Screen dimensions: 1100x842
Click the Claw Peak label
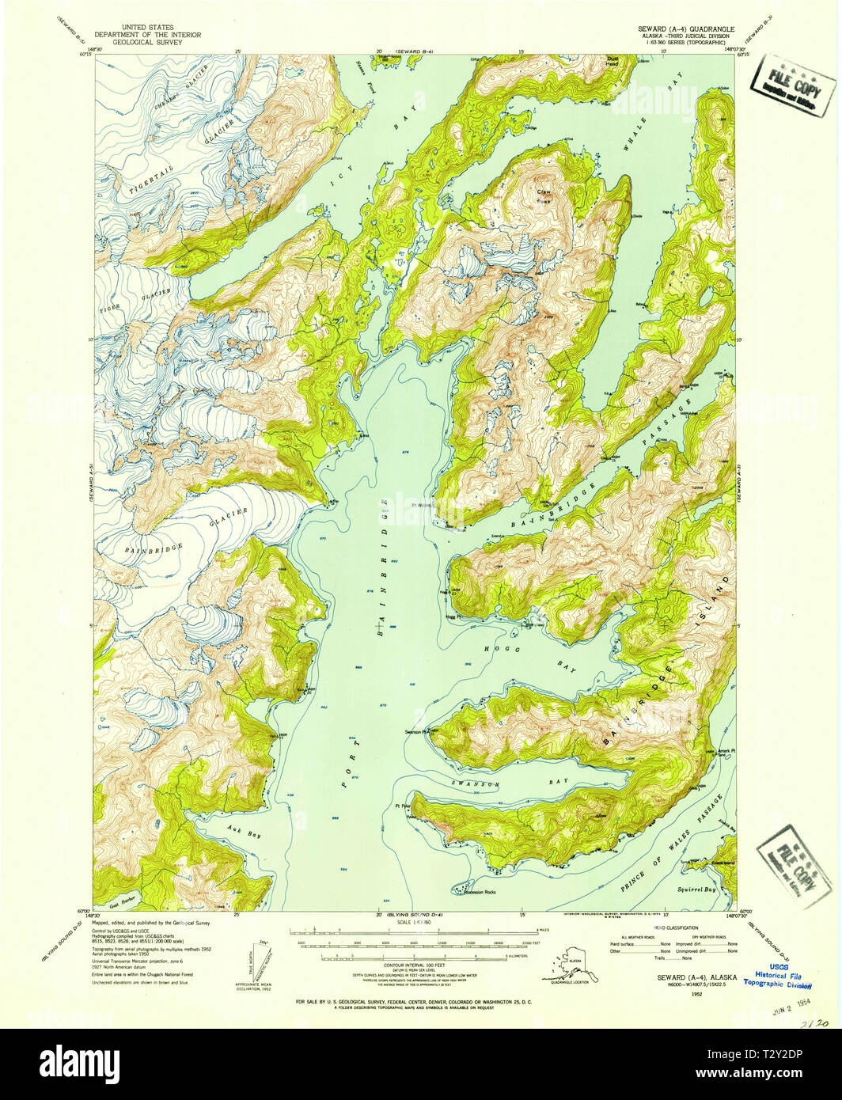point(544,195)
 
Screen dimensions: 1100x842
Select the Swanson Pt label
point(416,731)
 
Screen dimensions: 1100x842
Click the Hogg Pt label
point(453,616)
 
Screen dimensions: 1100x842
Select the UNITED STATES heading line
point(148,27)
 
